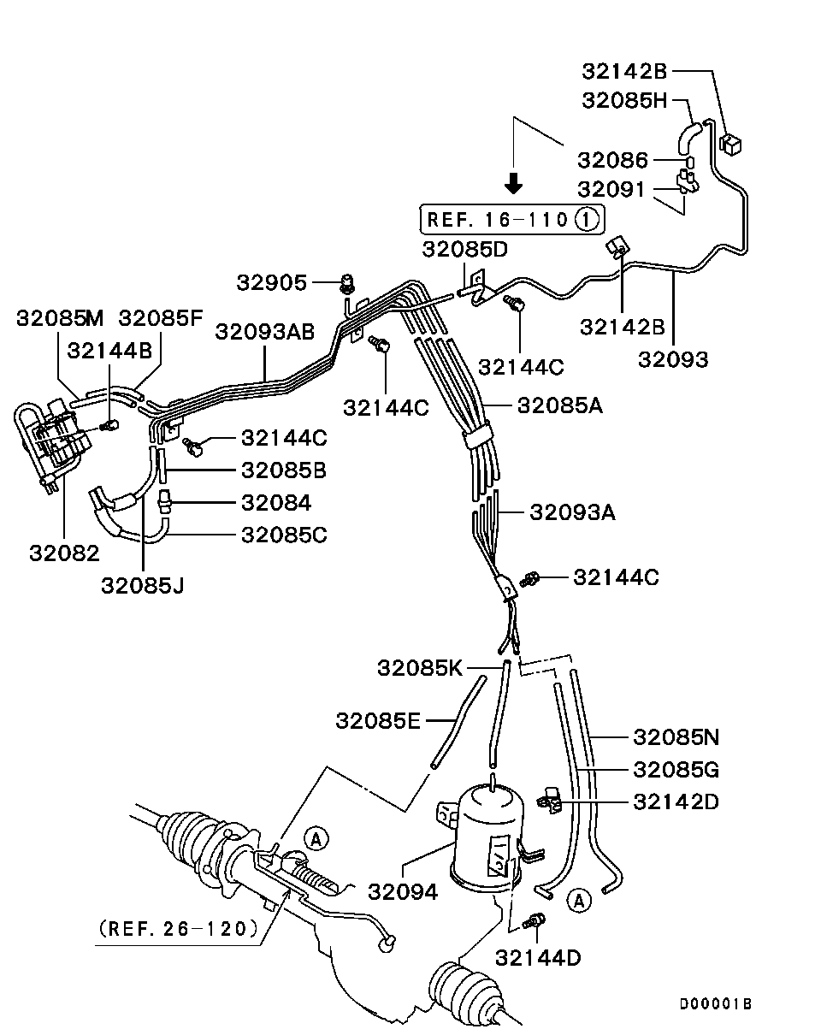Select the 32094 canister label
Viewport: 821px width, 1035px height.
pyautogui.click(x=403, y=891)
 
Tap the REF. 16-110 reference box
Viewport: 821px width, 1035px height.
pyautogui.click(x=511, y=219)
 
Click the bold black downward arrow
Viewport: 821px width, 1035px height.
pyautogui.click(x=513, y=182)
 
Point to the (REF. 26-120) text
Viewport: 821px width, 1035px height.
pyautogui.click(x=178, y=928)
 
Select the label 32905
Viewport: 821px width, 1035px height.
pyautogui.click(x=272, y=282)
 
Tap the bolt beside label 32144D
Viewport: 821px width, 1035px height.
pyautogui.click(x=536, y=921)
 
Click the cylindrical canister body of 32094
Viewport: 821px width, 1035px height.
pyautogui.click(x=487, y=834)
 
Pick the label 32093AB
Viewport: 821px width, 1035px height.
pyautogui.click(x=264, y=331)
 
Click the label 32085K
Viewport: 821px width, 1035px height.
pyautogui.click(x=420, y=667)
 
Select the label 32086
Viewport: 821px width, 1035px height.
pyautogui.click(x=613, y=160)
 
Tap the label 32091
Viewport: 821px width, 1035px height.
pyautogui.click(x=613, y=188)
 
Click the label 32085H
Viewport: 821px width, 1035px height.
pyautogui.click(x=624, y=99)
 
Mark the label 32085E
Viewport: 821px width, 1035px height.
pyautogui.click(x=378, y=720)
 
